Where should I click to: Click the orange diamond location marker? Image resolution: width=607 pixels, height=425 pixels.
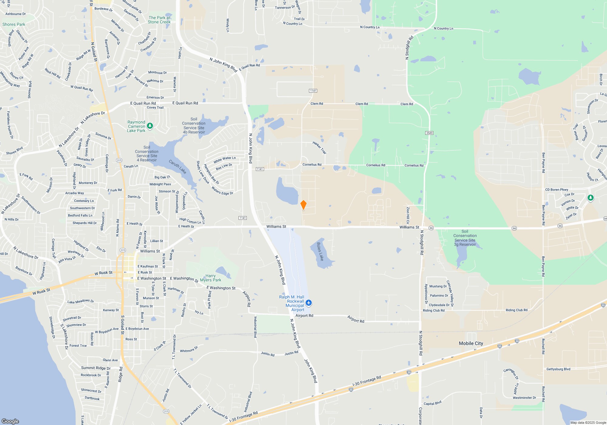coord(303,205)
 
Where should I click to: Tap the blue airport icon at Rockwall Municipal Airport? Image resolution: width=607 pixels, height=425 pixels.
coord(309,303)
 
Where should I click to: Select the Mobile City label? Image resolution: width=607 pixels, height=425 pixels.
coord(471,343)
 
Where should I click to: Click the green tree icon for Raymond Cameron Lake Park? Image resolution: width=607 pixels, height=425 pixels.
coord(150,126)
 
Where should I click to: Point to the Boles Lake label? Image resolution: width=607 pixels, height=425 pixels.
coord(320,251)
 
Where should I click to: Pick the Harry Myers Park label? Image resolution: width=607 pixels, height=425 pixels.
coord(210,278)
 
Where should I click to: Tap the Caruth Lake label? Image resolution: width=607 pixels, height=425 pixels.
coord(178,167)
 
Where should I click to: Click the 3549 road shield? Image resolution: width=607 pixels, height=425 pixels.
coord(429,133)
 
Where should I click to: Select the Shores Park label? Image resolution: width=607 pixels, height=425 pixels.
coord(14,24)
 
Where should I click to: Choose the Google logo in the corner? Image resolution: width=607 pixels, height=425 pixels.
coord(10,421)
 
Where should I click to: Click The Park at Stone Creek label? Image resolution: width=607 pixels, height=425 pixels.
coord(159,20)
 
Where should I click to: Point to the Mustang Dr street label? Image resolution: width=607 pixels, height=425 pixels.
coord(438,286)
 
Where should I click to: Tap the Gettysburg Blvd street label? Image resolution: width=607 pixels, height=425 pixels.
coord(558,369)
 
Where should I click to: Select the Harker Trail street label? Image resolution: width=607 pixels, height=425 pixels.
coord(319,148)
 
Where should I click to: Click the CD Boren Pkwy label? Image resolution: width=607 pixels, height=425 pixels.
coord(556,190)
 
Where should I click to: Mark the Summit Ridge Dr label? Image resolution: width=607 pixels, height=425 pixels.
coord(96,368)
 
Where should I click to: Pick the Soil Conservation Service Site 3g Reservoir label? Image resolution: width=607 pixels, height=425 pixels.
coord(465,238)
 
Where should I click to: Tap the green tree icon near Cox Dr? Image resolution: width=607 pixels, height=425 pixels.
coord(590,198)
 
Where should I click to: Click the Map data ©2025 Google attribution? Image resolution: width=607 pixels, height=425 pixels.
coord(588,423)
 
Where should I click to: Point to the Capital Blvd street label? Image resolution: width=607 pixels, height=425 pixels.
coord(432,403)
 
